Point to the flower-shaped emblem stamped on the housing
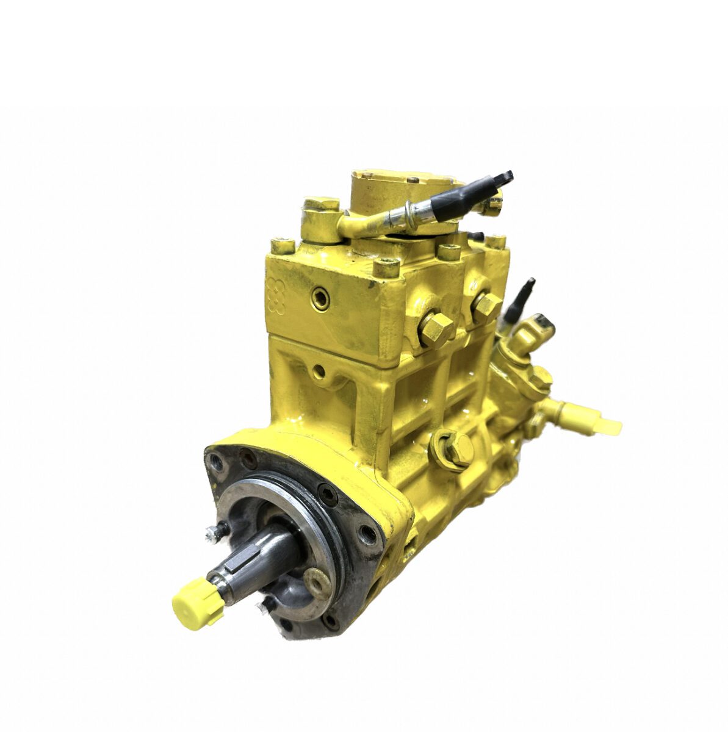click(x=276, y=295)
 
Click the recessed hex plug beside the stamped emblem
click(x=319, y=298)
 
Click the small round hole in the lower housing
click(x=317, y=370)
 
